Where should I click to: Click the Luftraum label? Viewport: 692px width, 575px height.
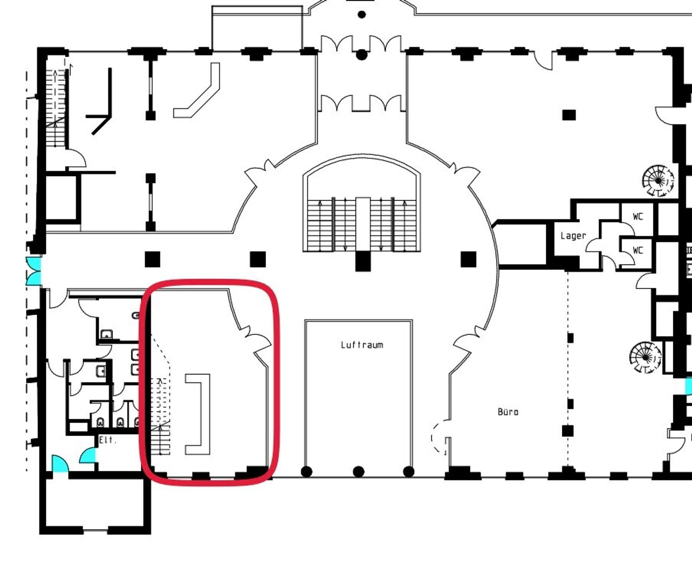(x=362, y=345)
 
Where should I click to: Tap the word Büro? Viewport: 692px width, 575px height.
(x=508, y=411)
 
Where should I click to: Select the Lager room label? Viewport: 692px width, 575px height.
(x=573, y=236)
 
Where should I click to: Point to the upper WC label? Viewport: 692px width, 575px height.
(x=638, y=216)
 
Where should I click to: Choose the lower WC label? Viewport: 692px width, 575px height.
(x=638, y=250)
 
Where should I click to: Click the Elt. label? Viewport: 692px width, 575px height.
(x=107, y=440)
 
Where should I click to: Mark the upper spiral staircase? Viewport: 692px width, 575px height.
(x=658, y=181)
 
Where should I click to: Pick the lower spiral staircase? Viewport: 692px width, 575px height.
(x=645, y=357)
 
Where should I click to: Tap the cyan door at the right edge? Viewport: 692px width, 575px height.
(x=688, y=386)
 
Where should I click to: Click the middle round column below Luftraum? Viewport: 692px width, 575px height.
(x=359, y=472)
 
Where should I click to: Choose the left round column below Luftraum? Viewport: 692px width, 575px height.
(x=306, y=472)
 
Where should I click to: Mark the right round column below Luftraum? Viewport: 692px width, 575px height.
(x=408, y=472)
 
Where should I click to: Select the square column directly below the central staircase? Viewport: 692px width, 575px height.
(x=363, y=261)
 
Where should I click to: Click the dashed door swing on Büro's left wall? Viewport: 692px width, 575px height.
(x=439, y=437)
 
